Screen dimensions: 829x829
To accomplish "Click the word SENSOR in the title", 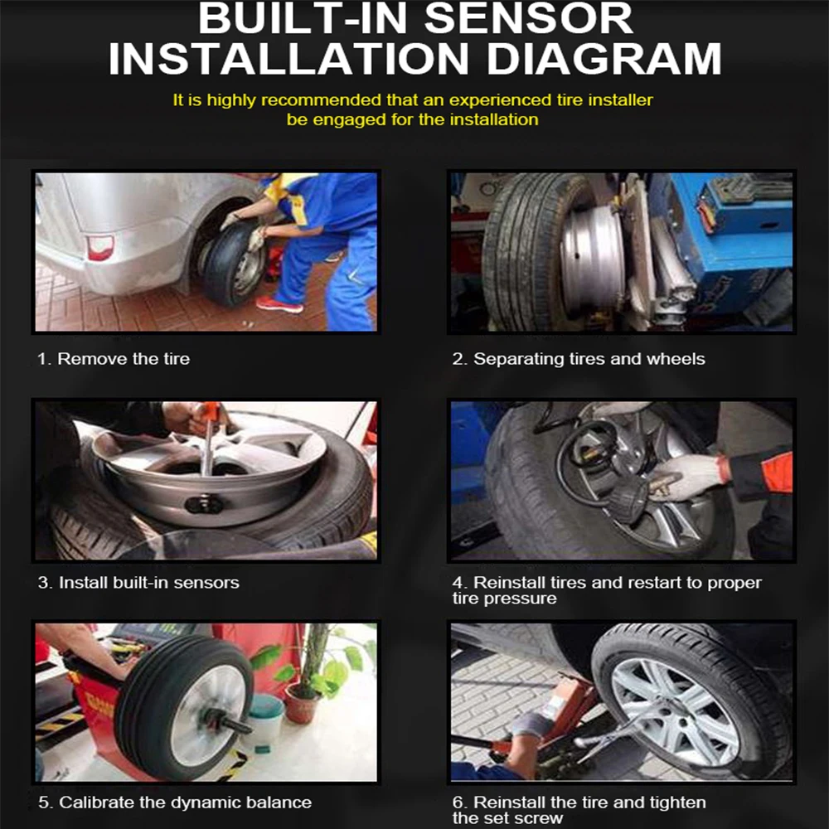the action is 528,19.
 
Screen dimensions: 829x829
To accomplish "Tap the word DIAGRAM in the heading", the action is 604,58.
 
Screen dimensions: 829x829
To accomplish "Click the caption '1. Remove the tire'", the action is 113,359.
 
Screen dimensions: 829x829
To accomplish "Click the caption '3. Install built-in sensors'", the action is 138,583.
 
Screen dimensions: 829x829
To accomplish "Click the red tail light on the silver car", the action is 100,247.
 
